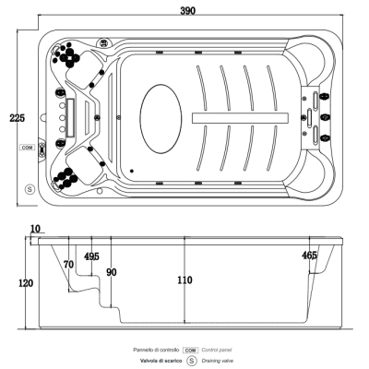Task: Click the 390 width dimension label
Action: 187,11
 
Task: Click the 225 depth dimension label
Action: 17,118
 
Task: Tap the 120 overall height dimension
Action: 26,283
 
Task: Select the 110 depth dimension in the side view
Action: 184,280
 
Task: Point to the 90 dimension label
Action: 112,272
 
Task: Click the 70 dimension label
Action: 68,265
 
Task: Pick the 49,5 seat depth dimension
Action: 92,256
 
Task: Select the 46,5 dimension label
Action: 309,255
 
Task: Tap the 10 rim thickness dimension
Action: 35,229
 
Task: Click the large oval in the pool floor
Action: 161,119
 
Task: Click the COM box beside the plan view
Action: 28,148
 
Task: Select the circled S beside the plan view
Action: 30,189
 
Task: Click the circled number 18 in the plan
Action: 102,42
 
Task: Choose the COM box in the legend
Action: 190,351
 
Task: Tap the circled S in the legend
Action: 192,361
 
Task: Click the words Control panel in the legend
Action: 217,350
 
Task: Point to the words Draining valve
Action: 218,361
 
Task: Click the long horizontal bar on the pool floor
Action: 240,118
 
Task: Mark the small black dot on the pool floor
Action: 132,171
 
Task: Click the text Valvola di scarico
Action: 161,361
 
